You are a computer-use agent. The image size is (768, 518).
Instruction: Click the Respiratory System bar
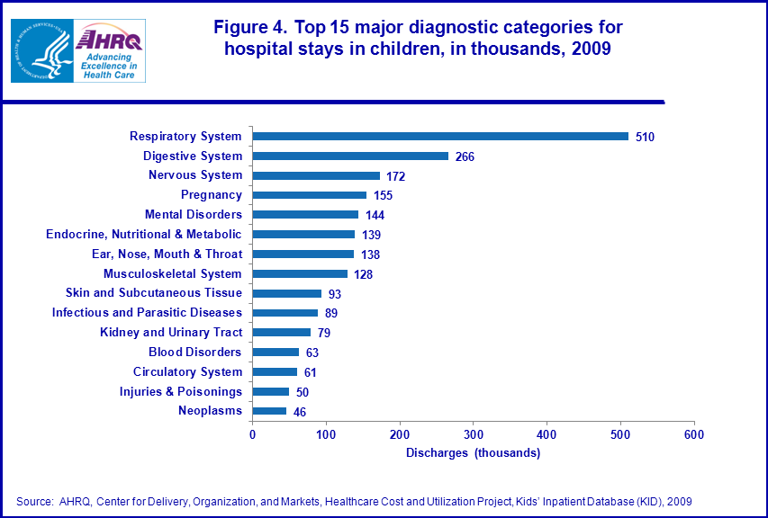pyautogui.click(x=440, y=137)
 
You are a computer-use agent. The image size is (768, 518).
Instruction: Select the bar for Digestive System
pyautogui.click(x=350, y=156)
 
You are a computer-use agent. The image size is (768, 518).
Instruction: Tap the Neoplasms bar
pyautogui.click(x=269, y=411)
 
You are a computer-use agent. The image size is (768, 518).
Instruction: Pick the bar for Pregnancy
pyautogui.click(x=310, y=195)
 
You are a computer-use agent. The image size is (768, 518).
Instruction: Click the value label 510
pyautogui.click(x=645, y=137)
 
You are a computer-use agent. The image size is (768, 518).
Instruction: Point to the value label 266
pyautogui.click(x=465, y=156)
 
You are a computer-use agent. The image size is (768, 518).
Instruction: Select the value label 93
pyautogui.click(x=335, y=294)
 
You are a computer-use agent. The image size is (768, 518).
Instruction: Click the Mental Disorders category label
pyautogui.click(x=194, y=215)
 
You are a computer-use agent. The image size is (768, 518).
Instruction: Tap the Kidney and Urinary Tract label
pyautogui.click(x=171, y=333)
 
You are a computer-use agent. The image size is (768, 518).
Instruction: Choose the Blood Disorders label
pyautogui.click(x=195, y=353)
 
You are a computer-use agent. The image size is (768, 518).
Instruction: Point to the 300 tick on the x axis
pyautogui.click(x=474, y=435)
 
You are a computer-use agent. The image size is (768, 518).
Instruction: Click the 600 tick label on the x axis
pyautogui.click(x=694, y=435)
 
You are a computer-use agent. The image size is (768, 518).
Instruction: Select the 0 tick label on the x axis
pyautogui.click(x=253, y=435)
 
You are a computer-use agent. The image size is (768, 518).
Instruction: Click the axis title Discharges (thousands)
pyautogui.click(x=473, y=453)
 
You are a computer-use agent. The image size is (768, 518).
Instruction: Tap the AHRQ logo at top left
pyautogui.click(x=108, y=50)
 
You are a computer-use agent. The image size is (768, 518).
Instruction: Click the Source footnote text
pyautogui.click(x=354, y=501)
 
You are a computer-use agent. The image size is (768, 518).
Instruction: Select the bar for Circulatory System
pyautogui.click(x=275, y=372)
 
